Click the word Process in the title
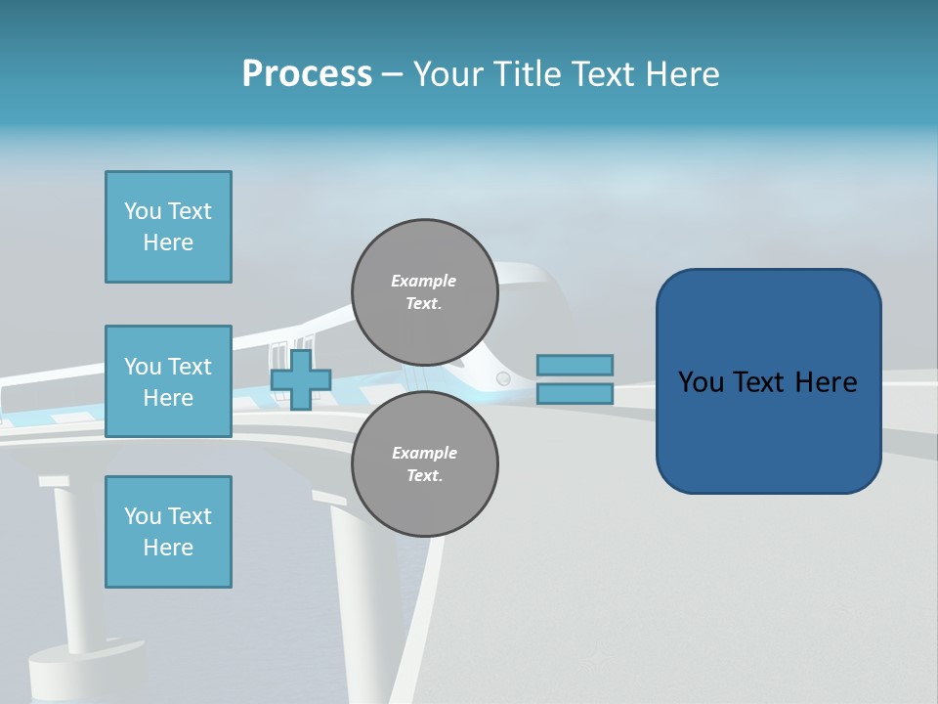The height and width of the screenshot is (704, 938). click(307, 74)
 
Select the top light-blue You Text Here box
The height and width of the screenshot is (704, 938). click(168, 227)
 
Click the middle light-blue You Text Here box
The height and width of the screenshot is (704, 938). click(168, 381)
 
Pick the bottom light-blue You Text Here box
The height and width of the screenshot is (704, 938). click(168, 532)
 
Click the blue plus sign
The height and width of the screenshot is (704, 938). click(301, 379)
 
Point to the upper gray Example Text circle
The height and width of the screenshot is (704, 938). click(425, 292)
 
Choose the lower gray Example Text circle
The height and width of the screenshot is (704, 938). click(425, 464)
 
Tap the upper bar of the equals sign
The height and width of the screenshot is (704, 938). click(575, 365)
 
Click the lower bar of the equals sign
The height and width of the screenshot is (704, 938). click(575, 393)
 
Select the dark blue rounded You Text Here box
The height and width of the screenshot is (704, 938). click(768, 381)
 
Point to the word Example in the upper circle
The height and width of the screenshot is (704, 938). click(424, 281)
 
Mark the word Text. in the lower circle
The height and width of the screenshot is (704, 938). click(425, 476)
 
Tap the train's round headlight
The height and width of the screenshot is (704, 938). click(503, 378)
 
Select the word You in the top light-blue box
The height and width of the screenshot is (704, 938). click(143, 211)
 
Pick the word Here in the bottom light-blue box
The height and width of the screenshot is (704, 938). click(168, 548)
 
